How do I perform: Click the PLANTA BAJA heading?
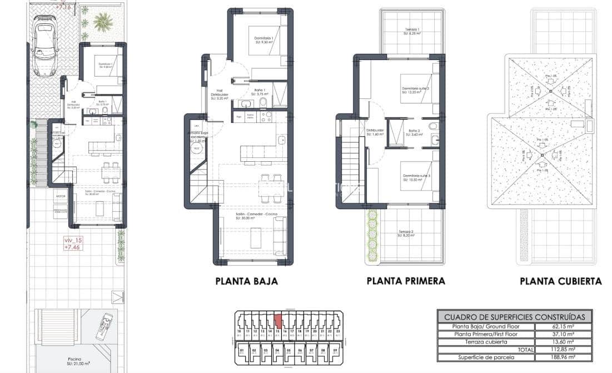[246, 281]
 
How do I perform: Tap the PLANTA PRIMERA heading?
[406, 281]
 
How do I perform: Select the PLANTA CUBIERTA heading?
[560, 281]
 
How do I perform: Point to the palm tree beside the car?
[102, 22]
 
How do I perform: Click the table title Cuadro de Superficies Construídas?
[515, 317]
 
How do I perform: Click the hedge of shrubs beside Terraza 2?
[372, 236]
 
